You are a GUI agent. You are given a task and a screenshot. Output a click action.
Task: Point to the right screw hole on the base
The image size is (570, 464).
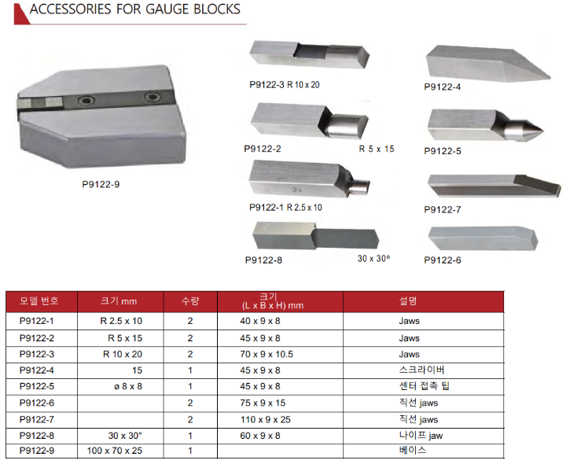[151, 97]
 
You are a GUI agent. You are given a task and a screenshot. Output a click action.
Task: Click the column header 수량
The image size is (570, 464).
[190, 301]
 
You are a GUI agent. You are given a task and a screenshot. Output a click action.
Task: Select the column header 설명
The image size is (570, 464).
[408, 301]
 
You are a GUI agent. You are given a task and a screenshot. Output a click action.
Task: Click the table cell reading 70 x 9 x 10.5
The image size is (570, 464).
[267, 354]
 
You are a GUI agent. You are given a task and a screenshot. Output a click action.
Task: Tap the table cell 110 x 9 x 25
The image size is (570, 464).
[267, 418]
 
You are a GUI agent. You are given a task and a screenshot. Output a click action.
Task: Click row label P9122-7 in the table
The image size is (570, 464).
[37, 418]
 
